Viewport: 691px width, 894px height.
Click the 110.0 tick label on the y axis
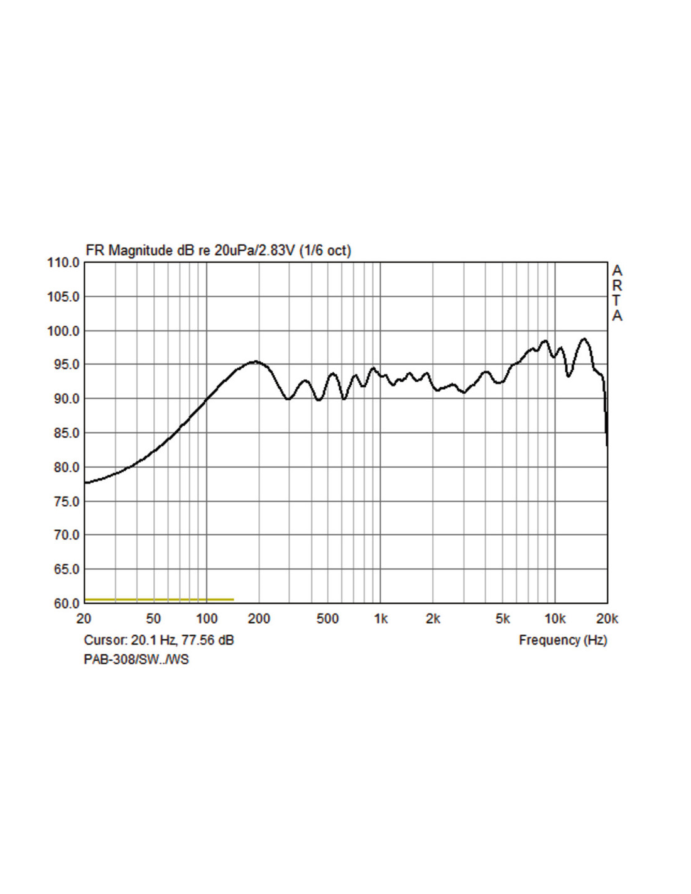pos(63,263)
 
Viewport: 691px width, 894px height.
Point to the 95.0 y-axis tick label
pos(63,365)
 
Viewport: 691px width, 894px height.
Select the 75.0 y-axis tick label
pos(63,502)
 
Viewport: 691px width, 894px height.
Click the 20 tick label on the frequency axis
pos(84,619)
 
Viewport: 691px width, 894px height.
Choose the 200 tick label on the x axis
pos(259,619)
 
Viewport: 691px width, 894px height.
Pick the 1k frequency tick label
pos(381,619)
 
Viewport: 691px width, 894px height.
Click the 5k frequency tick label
pos(503,619)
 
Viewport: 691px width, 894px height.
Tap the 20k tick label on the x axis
pos(607,619)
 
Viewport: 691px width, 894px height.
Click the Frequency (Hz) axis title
pos(563,640)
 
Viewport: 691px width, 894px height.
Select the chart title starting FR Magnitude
pos(218,250)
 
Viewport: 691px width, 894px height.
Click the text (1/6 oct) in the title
pos(325,250)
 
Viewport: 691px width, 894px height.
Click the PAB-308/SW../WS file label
pos(136,659)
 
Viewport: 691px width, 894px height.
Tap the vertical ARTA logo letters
pos(617,293)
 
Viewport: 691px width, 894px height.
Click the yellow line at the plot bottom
pos(159,600)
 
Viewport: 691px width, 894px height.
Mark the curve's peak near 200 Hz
pos(255,361)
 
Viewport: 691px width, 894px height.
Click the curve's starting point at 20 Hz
pos(85,483)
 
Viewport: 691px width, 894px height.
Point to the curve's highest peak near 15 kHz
pos(584,339)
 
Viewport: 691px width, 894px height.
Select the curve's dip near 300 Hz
pos(288,399)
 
